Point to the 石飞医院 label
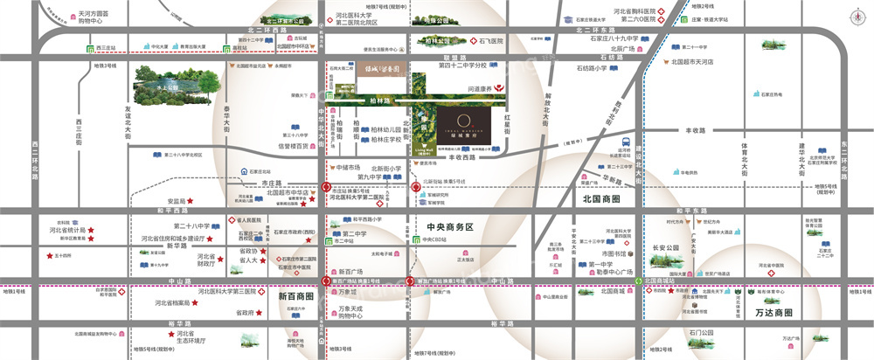492,41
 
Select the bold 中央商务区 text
450,227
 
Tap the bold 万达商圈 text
773,312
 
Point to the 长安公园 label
665,247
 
